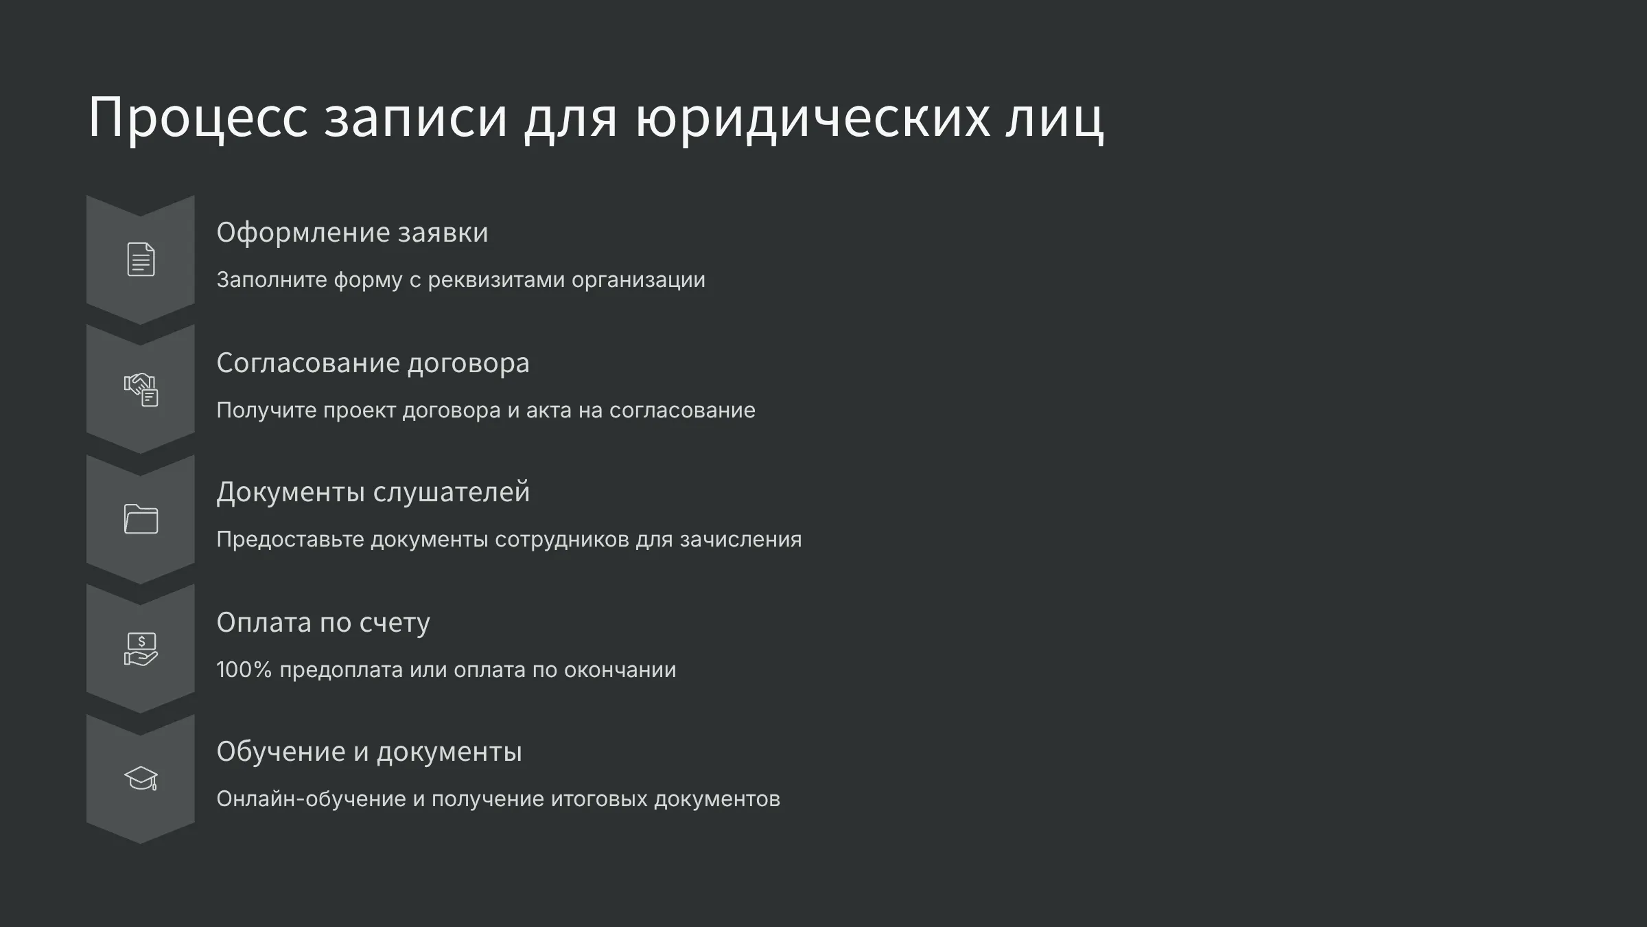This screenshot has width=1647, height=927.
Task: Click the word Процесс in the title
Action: coord(198,117)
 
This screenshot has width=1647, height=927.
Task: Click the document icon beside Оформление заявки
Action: coord(141,260)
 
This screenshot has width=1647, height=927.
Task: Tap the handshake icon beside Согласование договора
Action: coord(141,389)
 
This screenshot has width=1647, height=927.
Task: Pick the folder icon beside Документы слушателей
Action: coord(141,519)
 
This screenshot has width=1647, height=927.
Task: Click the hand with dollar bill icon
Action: coord(141,649)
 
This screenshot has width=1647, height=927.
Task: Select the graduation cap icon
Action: coord(141,779)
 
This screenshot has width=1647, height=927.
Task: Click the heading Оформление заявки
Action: coord(352,233)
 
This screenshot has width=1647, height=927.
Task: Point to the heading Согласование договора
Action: coord(373,363)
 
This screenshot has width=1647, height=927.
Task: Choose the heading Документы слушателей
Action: coord(373,492)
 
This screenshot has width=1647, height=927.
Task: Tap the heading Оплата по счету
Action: coord(323,623)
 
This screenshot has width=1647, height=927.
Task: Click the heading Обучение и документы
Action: coord(369,752)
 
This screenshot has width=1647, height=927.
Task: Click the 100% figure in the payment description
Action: coord(244,669)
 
